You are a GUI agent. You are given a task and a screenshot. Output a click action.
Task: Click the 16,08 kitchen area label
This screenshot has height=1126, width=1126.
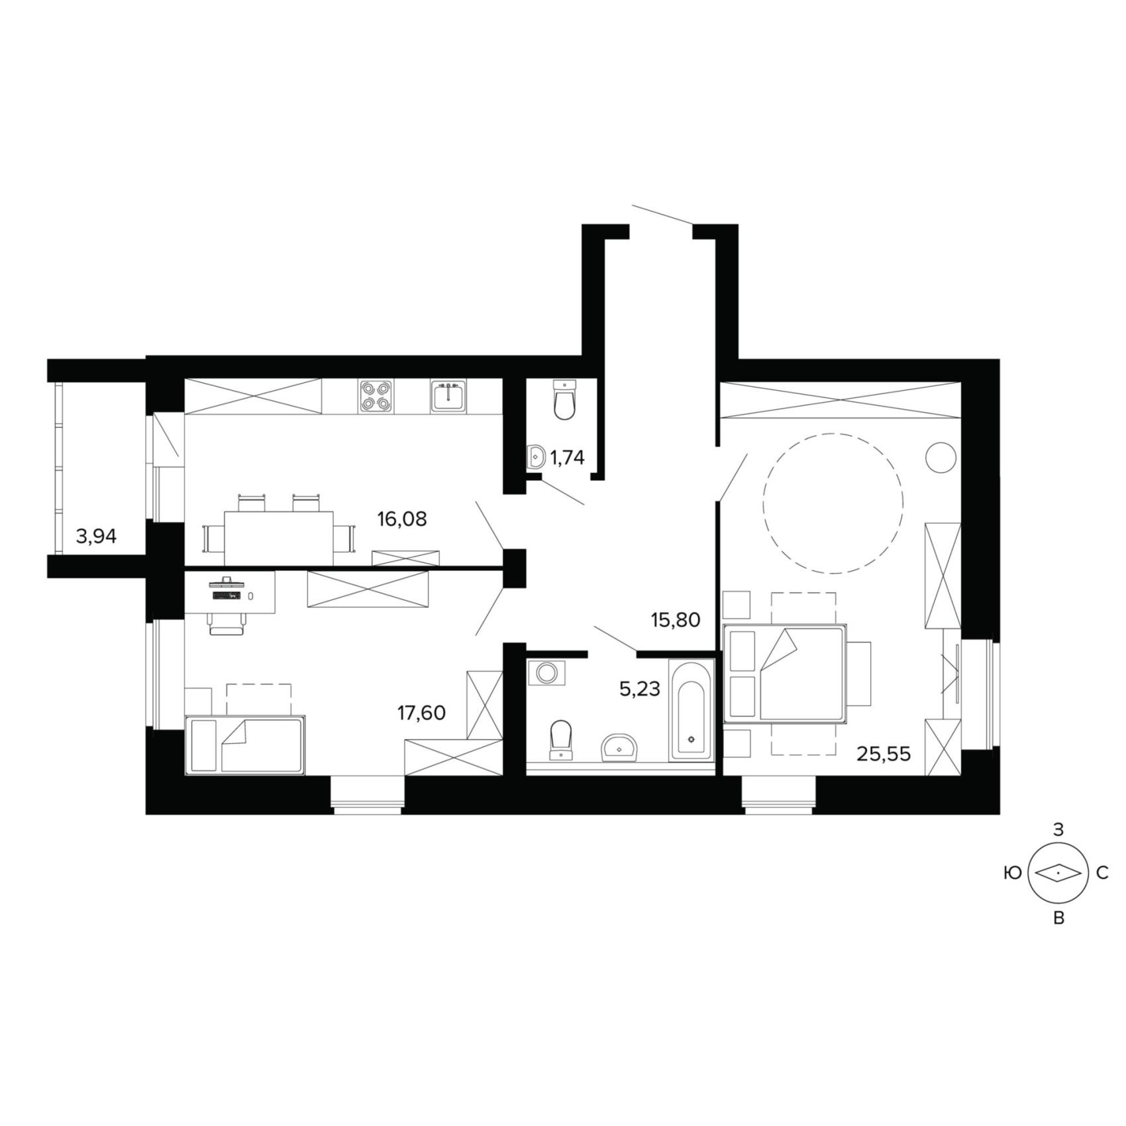(402, 520)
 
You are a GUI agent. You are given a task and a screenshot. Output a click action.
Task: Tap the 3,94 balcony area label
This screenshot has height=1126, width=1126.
(96, 537)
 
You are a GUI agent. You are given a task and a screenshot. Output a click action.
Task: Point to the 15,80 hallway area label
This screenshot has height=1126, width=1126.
(676, 621)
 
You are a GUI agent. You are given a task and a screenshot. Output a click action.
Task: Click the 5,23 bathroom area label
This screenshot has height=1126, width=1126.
(640, 690)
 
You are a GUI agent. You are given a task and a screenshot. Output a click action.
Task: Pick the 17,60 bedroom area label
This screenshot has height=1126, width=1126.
(421, 713)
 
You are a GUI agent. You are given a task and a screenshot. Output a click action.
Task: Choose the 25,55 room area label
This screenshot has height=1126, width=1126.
(884, 754)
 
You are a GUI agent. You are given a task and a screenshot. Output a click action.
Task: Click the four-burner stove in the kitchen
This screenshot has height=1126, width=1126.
(376, 397)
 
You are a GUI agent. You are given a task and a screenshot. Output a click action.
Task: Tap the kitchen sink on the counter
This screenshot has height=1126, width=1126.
(448, 397)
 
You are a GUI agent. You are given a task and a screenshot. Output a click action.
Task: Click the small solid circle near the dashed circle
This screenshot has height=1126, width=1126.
(941, 458)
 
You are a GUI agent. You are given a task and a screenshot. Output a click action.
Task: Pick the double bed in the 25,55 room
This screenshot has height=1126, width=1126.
(786, 673)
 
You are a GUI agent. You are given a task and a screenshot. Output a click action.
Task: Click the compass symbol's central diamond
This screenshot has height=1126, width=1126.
(1058, 874)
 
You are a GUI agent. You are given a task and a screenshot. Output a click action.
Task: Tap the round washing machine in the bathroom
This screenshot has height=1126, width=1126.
(546, 673)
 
